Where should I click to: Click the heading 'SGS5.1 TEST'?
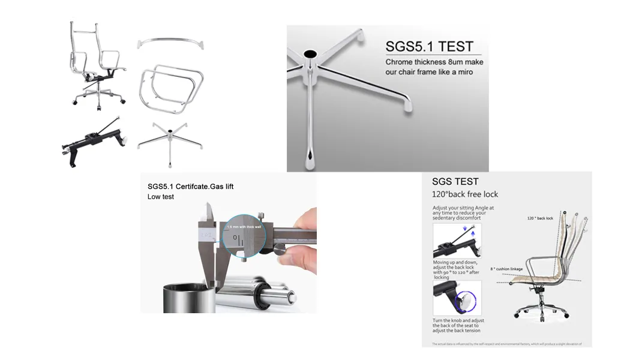tap(429, 47)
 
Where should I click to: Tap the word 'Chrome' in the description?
tap(398, 62)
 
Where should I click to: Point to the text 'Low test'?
tap(161, 197)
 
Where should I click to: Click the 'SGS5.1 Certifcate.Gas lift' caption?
tap(190, 187)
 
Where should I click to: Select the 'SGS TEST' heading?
tap(455, 181)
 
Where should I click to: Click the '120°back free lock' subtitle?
tap(465, 194)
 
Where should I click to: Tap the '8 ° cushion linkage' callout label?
tap(508, 269)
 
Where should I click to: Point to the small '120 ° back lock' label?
tap(540, 218)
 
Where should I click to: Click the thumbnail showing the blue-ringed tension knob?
tap(457, 298)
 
